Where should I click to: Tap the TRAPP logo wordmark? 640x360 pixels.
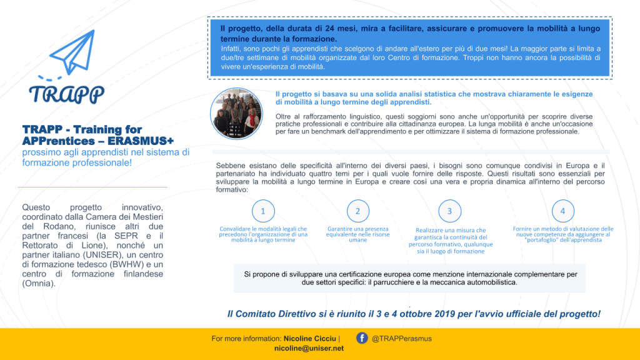(66, 94)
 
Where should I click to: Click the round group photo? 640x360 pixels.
(237, 113)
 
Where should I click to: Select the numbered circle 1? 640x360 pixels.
(263, 211)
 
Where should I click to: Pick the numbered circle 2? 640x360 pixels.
(358, 211)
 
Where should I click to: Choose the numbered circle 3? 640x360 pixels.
(449, 211)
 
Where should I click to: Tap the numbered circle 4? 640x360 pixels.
(562, 211)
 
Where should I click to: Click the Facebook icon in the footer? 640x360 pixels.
(362, 338)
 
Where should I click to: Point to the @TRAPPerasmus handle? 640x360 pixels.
(401, 339)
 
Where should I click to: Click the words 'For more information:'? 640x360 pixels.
(246, 339)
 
